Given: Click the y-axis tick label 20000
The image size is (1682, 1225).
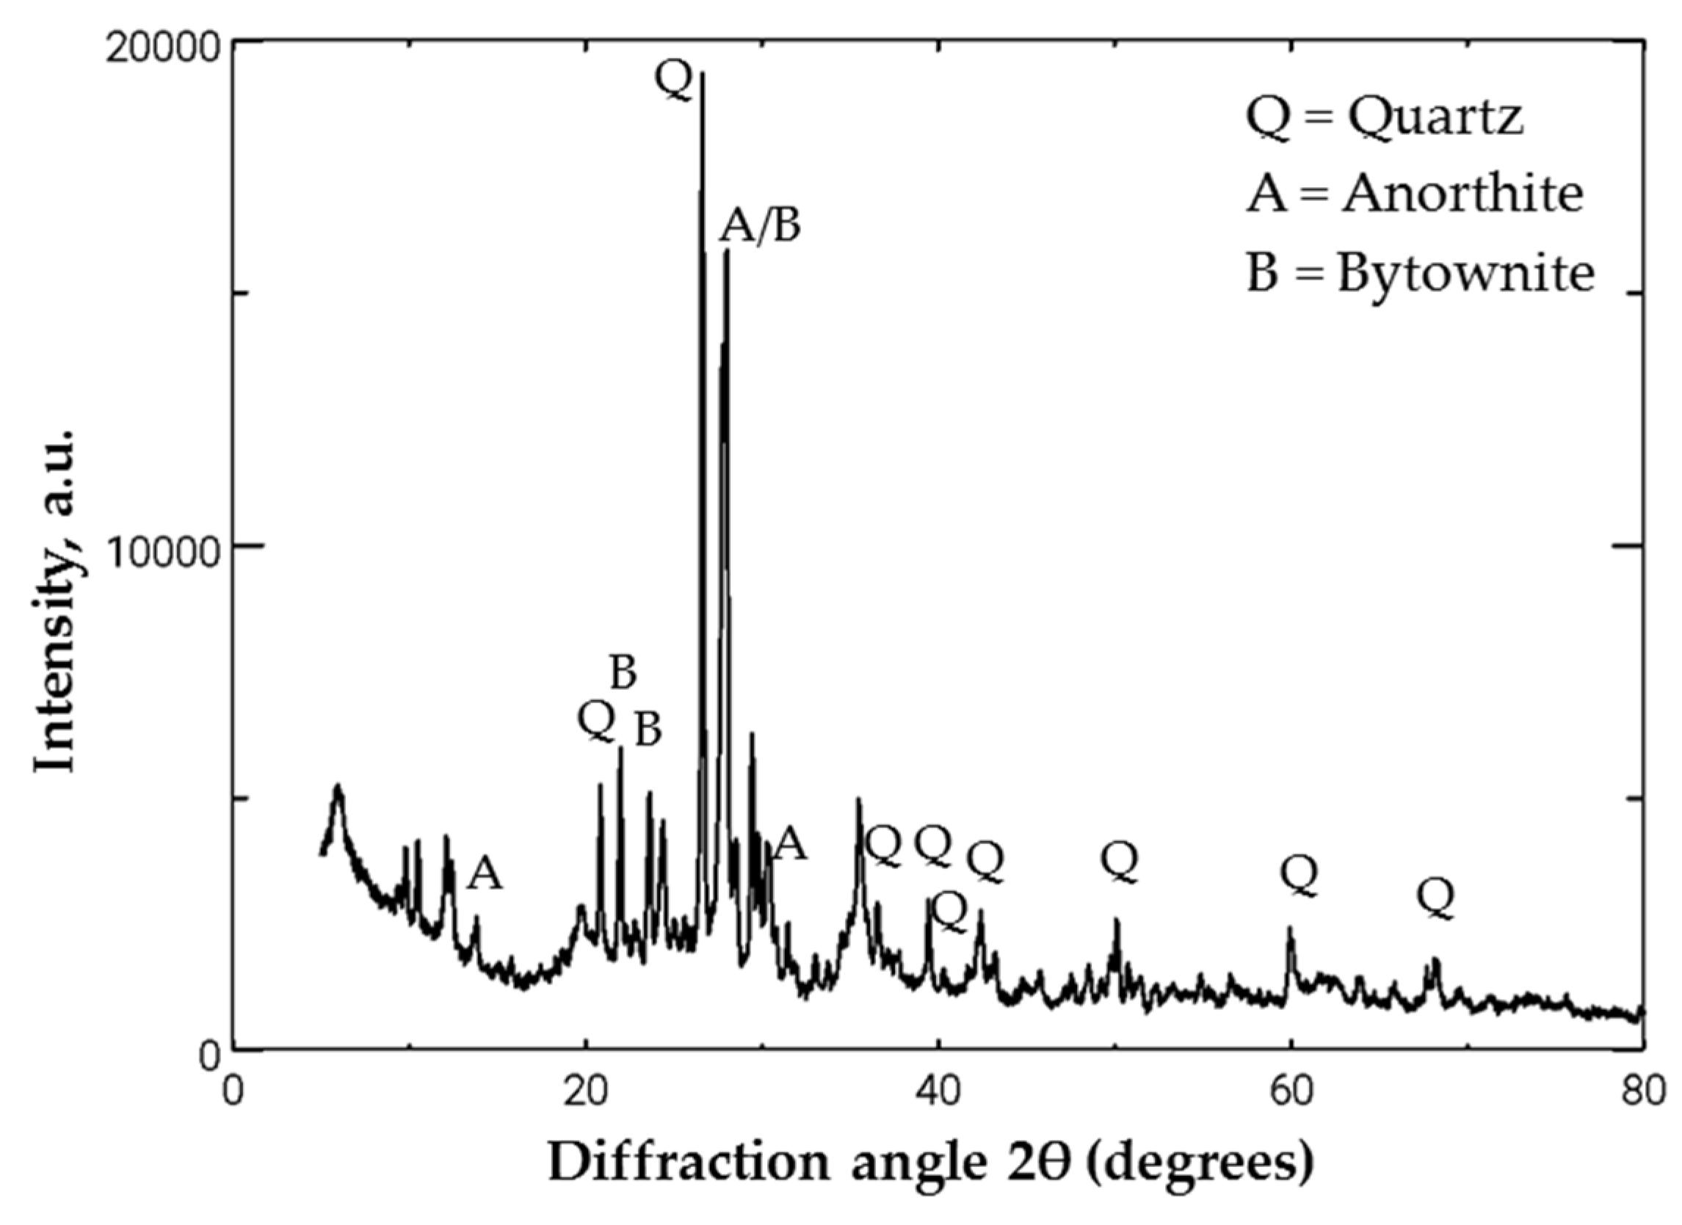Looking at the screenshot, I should [162, 46].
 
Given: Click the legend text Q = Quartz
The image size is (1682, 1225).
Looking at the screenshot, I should [1384, 117].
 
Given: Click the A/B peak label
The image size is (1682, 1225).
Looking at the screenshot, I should [760, 225].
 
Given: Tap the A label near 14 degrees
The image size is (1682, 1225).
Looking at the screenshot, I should [485, 873].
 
